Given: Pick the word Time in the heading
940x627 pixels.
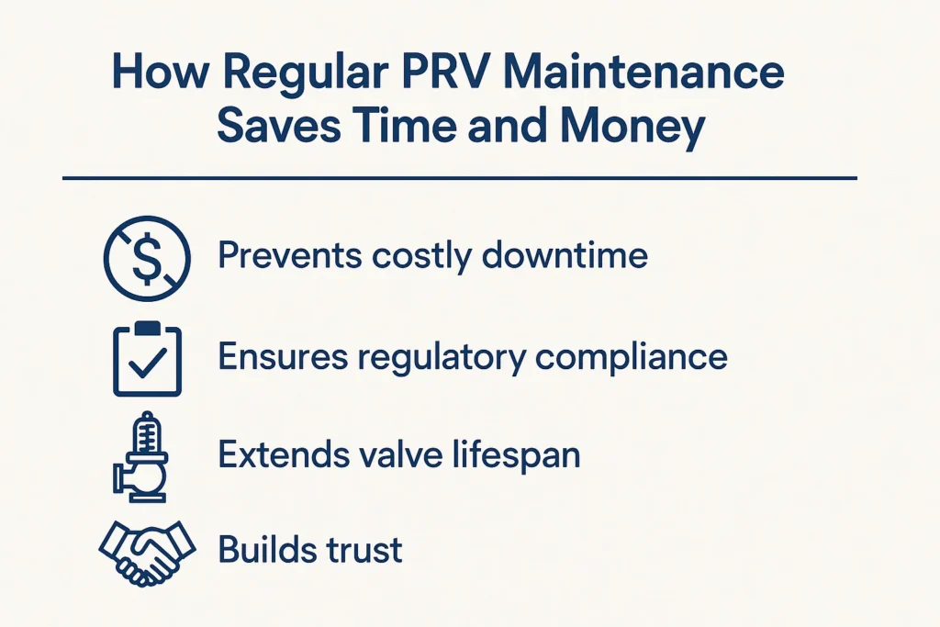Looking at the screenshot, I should coord(406,127).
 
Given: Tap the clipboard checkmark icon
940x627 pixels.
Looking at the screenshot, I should coord(147,358).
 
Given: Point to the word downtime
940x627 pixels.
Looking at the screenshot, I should coord(565,255).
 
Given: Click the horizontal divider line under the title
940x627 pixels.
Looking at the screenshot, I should coord(459,178).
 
